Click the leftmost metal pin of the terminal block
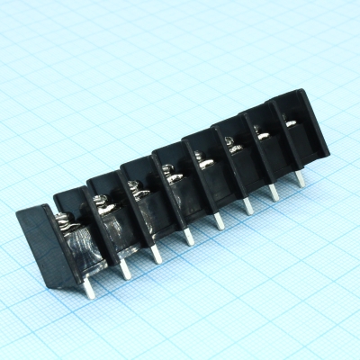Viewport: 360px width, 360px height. (89, 287)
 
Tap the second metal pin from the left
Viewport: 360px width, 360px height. (125, 267)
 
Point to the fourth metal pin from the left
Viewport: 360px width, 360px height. (188, 236)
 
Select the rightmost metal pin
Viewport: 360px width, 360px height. (300, 178)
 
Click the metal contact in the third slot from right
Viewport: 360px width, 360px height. (230, 144)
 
